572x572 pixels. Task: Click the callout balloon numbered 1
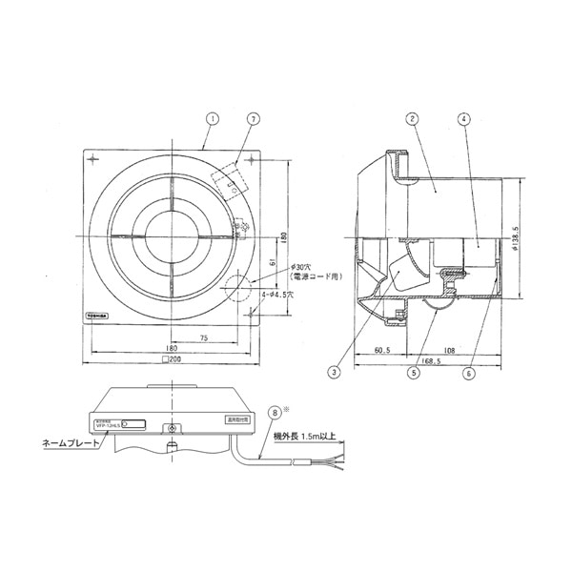pos(213,119)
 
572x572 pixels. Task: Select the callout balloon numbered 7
pos(253,119)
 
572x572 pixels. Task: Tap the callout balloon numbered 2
pos(411,119)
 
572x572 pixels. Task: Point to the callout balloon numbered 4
pos(462,119)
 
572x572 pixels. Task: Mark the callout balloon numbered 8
pos(276,414)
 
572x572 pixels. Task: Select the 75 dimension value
pos(205,337)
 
